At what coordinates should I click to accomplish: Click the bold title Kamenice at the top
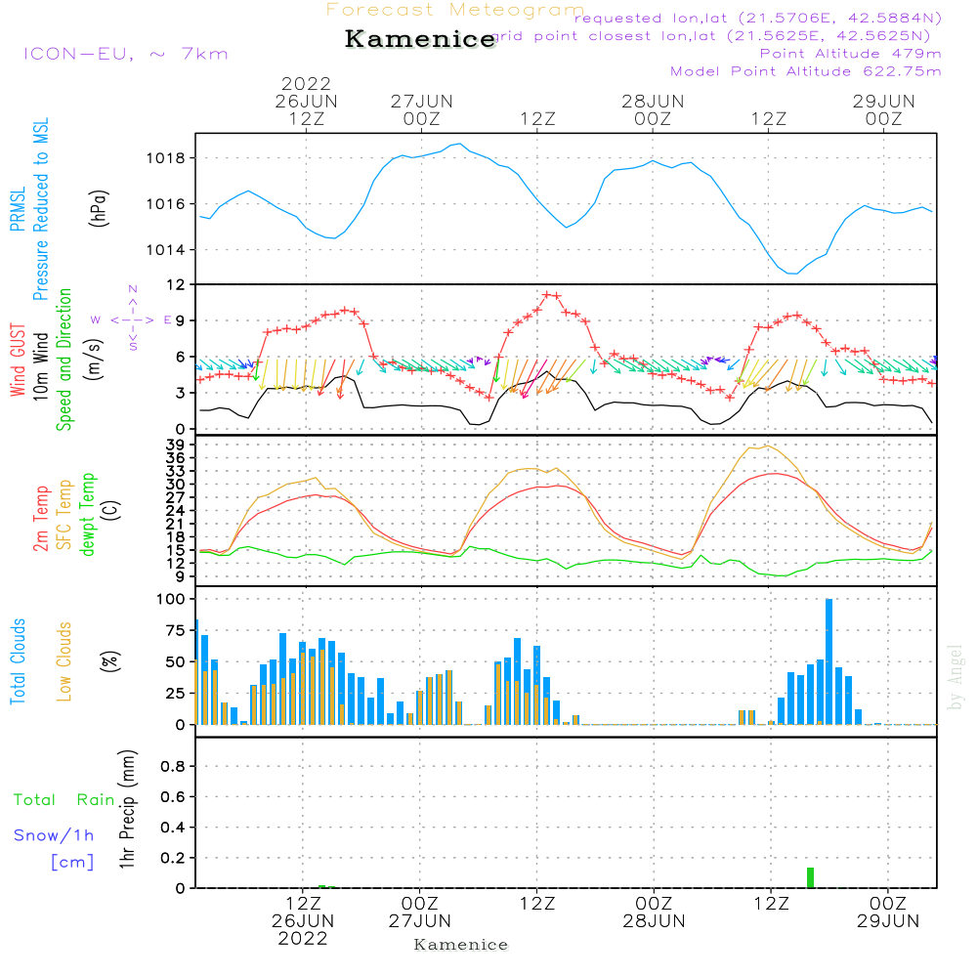(420, 39)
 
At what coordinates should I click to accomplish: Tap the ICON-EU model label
(125, 54)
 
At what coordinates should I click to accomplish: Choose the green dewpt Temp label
(88, 515)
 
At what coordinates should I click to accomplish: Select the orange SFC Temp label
(64, 515)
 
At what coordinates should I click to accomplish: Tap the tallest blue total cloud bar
(829, 661)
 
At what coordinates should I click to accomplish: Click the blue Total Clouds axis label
(18, 661)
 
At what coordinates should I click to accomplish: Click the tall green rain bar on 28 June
(810, 877)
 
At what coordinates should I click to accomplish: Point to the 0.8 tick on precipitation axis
(173, 767)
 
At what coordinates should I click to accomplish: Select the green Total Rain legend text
(64, 800)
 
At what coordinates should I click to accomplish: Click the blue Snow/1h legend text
(55, 835)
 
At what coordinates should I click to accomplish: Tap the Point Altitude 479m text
(850, 53)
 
